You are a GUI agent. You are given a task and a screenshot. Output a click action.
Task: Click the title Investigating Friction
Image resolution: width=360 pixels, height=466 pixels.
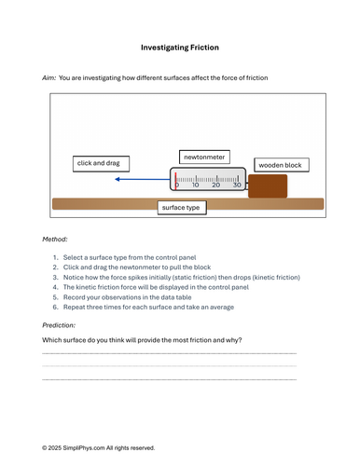click(180, 48)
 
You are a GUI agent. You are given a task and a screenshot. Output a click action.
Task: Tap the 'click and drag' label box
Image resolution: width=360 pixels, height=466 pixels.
click(101, 164)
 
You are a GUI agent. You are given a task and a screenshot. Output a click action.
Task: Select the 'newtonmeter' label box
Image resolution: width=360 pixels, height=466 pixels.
click(204, 158)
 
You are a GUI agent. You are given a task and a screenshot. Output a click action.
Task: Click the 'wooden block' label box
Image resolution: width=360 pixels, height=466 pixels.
click(282, 165)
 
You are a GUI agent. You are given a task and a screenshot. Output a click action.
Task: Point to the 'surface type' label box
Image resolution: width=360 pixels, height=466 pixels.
click(182, 208)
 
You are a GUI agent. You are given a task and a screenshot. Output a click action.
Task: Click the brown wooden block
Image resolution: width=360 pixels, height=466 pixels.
click(268, 186)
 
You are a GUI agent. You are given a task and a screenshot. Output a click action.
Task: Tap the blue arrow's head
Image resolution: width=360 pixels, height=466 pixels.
click(118, 179)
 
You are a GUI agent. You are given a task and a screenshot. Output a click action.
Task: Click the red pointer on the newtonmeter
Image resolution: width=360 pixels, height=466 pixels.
click(175, 181)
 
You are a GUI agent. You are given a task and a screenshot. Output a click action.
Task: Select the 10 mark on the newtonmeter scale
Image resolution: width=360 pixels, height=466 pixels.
click(195, 185)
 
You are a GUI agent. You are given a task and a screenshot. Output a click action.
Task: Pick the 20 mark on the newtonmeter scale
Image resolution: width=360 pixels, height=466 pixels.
click(215, 185)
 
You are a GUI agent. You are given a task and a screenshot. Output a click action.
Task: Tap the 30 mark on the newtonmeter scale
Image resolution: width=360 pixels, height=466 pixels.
click(237, 185)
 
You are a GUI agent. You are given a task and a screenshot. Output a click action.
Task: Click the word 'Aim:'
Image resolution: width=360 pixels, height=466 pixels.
click(49, 78)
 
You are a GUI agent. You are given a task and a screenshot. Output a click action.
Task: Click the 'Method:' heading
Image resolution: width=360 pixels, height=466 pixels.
click(55, 240)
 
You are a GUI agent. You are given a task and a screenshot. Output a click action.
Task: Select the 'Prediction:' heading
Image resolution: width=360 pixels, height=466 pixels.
click(59, 325)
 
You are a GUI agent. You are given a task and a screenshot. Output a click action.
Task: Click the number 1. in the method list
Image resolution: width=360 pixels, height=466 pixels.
click(56, 257)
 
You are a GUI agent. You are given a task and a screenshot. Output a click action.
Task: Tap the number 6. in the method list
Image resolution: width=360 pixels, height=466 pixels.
click(56, 308)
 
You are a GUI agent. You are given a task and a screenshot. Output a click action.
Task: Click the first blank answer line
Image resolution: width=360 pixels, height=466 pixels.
click(170, 353)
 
